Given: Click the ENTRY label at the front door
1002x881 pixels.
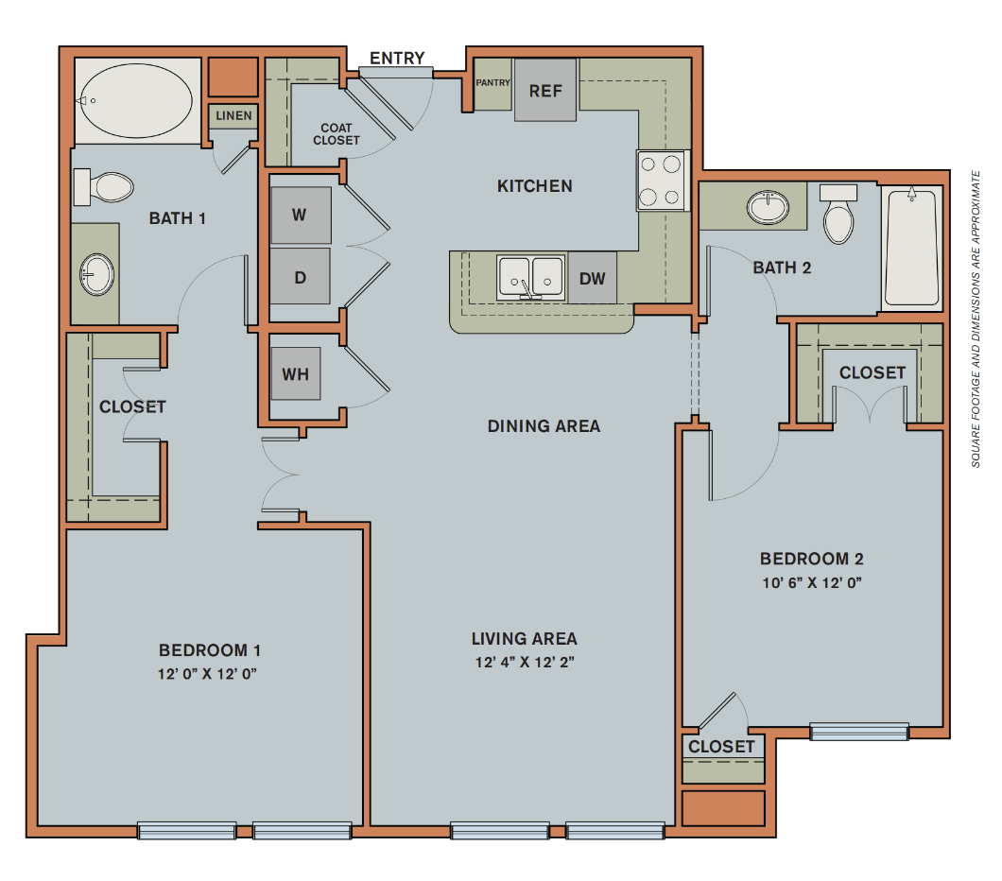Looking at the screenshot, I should tap(397, 59).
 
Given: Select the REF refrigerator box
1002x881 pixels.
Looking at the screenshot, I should tap(545, 91).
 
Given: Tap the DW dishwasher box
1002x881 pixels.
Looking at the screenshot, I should tap(593, 279).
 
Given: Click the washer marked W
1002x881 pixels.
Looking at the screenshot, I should tap(300, 215).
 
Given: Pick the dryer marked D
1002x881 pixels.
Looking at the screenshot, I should tap(300, 278).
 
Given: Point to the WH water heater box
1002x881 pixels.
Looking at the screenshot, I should tap(295, 373).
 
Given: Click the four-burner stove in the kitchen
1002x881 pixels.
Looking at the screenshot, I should tap(661, 181).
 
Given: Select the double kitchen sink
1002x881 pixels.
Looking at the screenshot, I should tap(530, 278).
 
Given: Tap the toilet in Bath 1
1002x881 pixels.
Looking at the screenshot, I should tap(103, 187).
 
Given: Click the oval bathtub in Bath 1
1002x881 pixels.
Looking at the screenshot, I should tap(137, 99).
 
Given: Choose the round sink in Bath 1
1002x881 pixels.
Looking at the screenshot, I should tap(96, 274).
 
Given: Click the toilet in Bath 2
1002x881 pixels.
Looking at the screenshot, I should tap(838, 216).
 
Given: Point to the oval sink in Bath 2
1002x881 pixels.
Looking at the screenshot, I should tap(768, 207).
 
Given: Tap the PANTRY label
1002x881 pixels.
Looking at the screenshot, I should tap(492, 83).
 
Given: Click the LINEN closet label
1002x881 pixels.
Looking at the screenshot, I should tap(233, 116).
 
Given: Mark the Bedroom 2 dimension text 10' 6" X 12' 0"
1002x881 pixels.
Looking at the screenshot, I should tap(811, 582).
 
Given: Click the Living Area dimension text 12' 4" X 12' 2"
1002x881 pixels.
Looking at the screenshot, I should tap(525, 662).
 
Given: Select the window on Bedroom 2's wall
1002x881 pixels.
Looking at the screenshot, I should tap(859, 731).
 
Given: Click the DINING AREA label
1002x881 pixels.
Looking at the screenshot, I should tap(544, 426).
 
